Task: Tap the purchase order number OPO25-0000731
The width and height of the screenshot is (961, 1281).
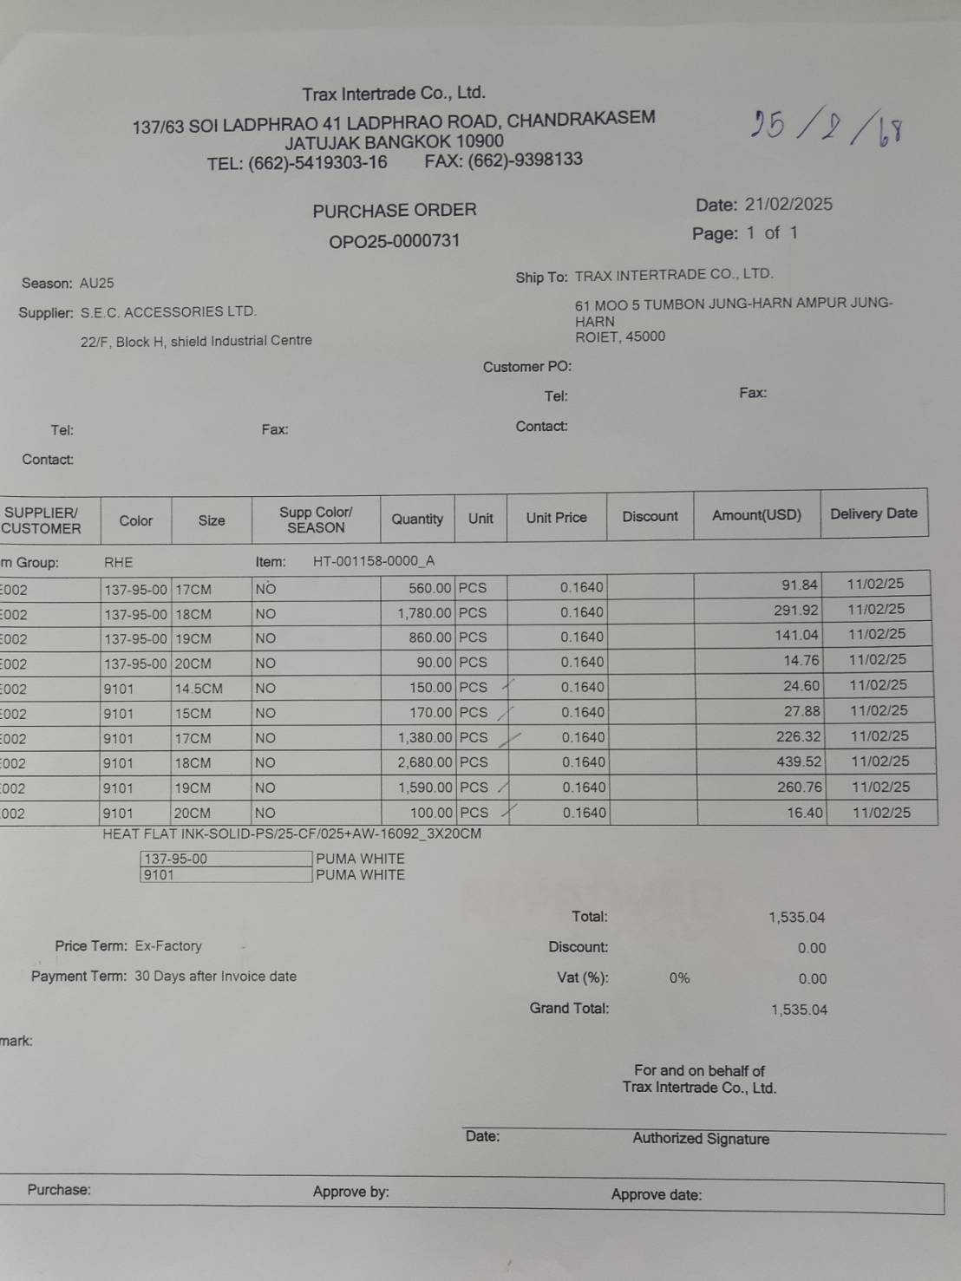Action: (394, 241)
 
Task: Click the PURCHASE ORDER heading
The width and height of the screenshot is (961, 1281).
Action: (395, 210)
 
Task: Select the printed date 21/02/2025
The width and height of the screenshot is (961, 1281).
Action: (788, 205)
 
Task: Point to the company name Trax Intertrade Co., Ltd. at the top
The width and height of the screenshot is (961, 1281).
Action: (394, 93)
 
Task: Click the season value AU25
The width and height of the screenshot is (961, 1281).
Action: (96, 283)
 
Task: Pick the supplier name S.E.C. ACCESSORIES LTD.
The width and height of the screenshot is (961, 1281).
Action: (168, 311)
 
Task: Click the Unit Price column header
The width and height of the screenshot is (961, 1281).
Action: (556, 518)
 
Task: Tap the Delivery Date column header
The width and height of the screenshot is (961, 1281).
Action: (873, 513)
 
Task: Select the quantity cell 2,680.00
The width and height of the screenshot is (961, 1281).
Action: (425, 762)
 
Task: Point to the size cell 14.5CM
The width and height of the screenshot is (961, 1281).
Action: (199, 689)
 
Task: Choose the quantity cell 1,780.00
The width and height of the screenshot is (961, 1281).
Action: (425, 613)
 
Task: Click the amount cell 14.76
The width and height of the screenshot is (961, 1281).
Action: (801, 660)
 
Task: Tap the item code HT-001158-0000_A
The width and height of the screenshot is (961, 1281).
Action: (374, 561)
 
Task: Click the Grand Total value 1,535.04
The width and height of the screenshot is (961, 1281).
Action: (799, 1010)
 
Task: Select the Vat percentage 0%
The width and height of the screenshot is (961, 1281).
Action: (679, 978)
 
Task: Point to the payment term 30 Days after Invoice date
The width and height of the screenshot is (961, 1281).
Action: (215, 976)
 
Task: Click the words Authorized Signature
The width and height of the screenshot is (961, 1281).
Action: (701, 1139)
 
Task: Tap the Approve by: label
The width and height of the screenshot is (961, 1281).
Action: (351, 1192)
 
